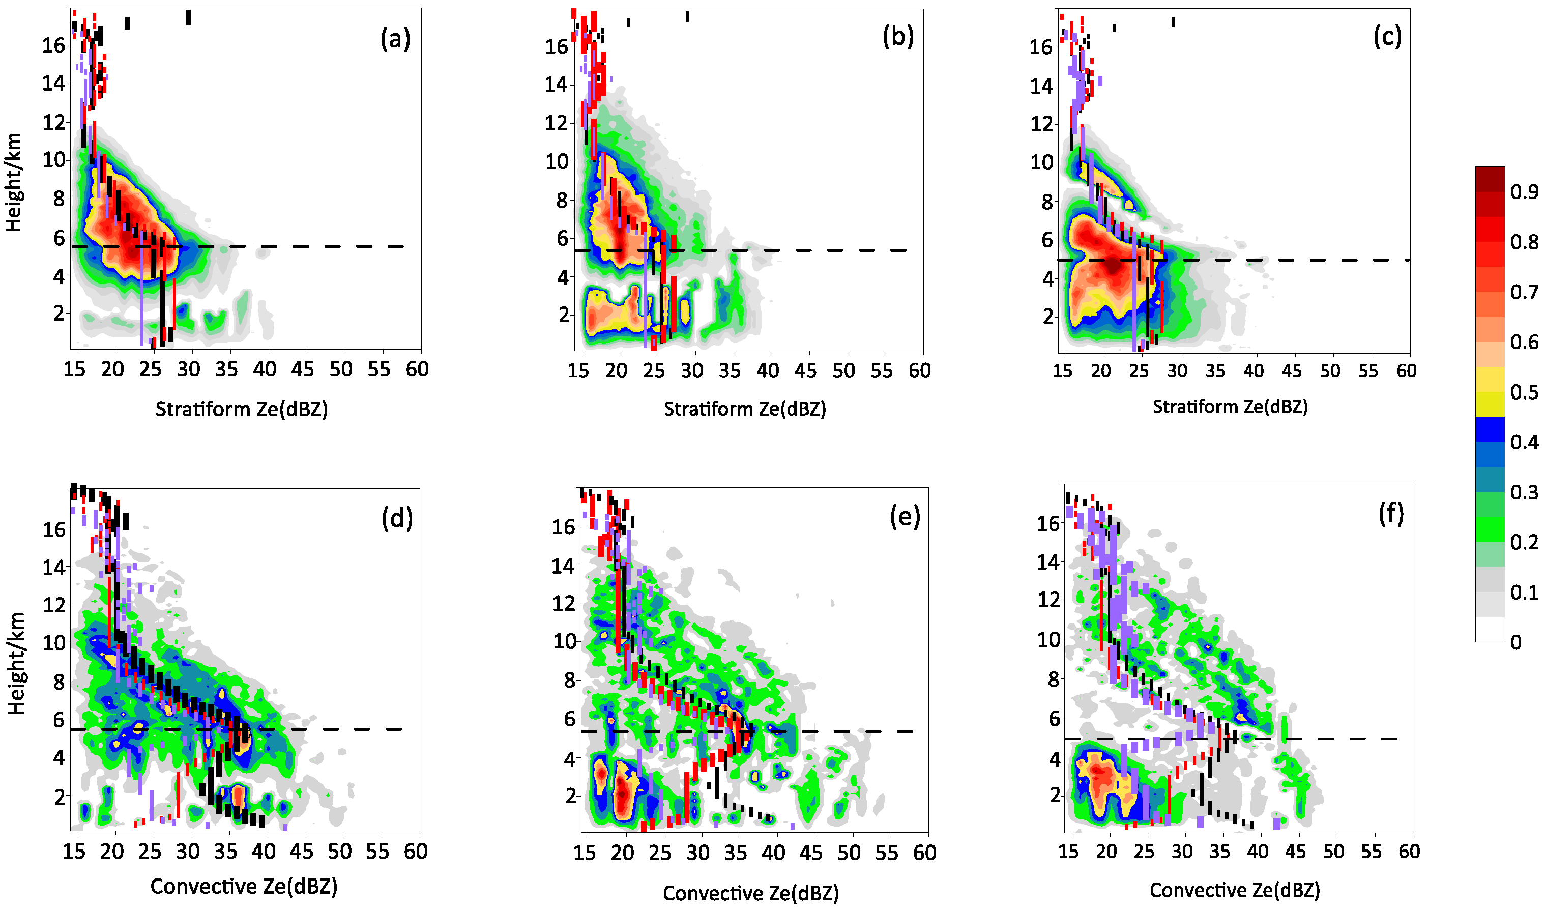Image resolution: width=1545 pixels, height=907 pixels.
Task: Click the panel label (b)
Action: [897, 38]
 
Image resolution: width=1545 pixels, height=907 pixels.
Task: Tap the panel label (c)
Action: [1387, 38]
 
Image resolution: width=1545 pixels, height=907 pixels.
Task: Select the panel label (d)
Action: [397, 519]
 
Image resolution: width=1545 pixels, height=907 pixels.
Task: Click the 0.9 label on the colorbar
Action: [1524, 192]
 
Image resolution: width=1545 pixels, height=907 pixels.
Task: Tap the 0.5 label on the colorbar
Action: [1524, 392]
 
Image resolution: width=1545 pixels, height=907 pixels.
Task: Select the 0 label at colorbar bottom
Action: [1515, 643]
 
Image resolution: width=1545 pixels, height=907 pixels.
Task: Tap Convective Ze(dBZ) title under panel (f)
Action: [1234, 890]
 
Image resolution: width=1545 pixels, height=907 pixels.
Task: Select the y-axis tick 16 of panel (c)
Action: [1041, 47]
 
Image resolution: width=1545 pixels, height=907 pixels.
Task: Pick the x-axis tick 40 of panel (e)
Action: [773, 853]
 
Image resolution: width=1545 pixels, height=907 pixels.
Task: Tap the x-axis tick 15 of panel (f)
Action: [1069, 852]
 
